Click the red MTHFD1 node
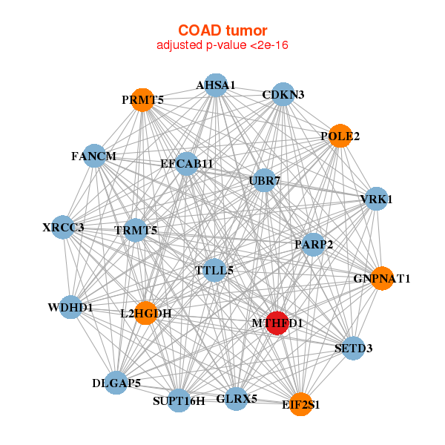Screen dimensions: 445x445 [277, 323]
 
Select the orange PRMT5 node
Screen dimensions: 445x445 [142, 100]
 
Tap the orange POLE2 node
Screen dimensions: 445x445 [340, 136]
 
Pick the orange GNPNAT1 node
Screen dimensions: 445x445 [382, 278]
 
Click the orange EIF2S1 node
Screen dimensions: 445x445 [300, 404]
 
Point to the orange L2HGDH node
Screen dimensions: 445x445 [146, 313]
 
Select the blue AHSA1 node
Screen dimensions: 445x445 [216, 85]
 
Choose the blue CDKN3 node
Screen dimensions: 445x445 [283, 94]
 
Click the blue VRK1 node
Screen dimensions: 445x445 [376, 199]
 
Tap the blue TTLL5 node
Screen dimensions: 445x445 [214, 270]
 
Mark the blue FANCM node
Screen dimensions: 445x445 [94, 156]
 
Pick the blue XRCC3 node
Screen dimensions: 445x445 [63, 228]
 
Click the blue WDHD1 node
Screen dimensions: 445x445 [70, 307]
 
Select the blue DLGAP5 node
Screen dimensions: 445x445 [116, 383]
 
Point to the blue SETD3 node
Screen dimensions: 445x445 [353, 349]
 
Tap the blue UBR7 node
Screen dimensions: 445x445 [264, 180]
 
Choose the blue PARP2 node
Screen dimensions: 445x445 [313, 245]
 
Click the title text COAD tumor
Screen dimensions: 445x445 [222, 30]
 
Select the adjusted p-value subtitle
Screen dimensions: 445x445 [222, 45]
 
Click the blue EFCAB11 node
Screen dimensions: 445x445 [186, 164]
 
